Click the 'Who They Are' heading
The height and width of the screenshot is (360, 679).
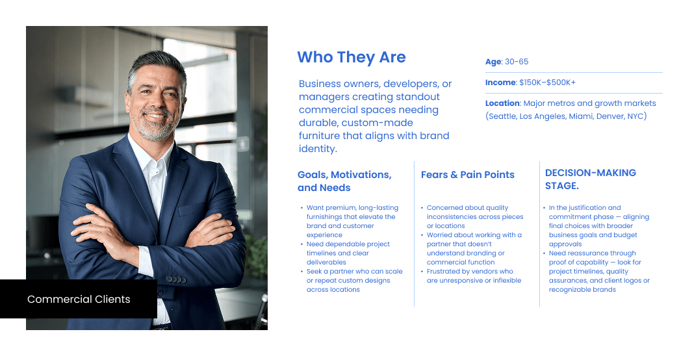351,57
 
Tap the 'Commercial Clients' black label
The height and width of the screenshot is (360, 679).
79,300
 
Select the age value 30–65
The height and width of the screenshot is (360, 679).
517,62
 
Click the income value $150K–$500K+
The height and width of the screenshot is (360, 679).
547,83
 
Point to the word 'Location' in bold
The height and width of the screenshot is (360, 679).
502,103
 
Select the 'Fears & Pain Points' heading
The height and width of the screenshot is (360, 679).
467,175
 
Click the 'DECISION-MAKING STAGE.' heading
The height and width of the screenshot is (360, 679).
590,179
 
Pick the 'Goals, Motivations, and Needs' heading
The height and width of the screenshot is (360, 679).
344,181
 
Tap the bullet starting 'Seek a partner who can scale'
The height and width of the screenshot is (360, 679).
354,280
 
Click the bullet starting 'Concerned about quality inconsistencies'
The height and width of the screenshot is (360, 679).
474,217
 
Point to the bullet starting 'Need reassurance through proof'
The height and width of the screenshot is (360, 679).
598,272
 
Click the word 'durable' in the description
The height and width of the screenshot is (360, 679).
316,123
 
